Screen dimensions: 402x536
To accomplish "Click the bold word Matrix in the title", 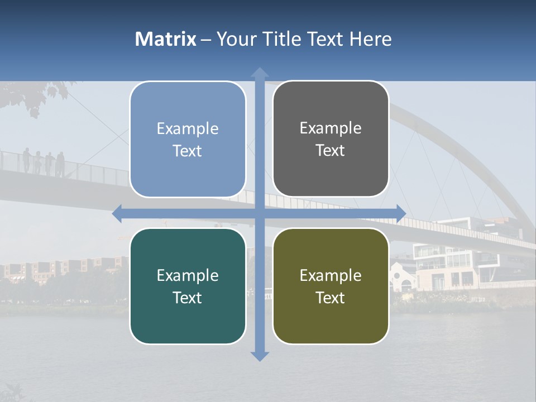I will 165,39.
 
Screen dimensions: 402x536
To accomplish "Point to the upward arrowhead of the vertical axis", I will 260,73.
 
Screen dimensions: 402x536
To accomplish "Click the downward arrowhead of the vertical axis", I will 260,356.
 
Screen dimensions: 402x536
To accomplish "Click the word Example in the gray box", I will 331,128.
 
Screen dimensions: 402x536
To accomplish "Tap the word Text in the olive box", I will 331,298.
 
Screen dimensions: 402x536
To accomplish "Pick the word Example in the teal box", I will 188,275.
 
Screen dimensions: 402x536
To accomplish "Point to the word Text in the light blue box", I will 188,151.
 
